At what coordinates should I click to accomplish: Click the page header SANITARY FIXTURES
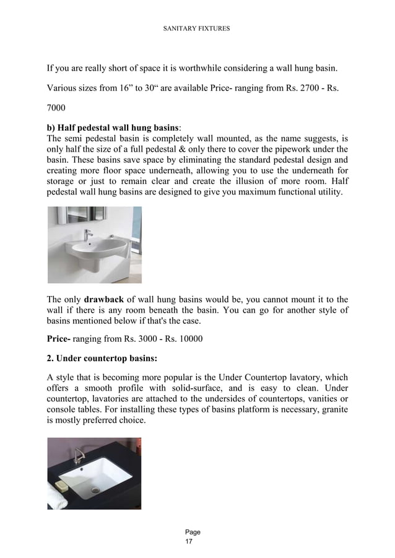(x=197, y=28)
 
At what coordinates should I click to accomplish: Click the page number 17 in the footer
(x=189, y=542)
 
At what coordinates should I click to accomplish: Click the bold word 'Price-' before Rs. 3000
(x=61, y=339)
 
